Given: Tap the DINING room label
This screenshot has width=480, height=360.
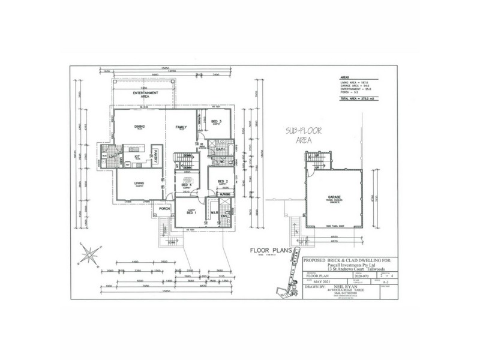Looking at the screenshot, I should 139,127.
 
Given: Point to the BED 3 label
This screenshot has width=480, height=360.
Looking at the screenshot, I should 217,122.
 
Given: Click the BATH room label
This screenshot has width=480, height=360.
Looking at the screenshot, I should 220,149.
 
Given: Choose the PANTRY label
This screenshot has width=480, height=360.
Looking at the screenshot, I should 155,157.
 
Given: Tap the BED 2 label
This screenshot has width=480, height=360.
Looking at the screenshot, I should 223,181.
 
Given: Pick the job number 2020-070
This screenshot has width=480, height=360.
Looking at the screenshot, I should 362,274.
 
